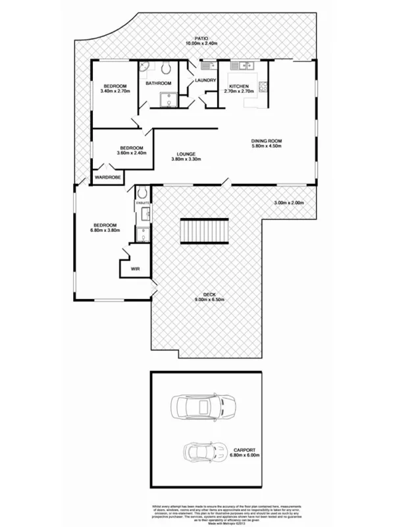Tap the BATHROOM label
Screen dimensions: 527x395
pos(159,83)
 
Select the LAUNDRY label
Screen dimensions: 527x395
pos(206,80)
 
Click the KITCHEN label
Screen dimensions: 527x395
pos(238,86)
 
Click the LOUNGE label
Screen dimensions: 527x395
pos(186,153)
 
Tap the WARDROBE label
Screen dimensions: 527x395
pos(106,177)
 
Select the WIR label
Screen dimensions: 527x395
pos(136,269)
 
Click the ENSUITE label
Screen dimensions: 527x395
pos(144,203)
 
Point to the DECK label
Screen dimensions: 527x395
pos(209,294)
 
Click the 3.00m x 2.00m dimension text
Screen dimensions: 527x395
pos(289,203)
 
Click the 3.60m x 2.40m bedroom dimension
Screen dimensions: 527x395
pos(131,153)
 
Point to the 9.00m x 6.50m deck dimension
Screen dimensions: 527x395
pos(209,300)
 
